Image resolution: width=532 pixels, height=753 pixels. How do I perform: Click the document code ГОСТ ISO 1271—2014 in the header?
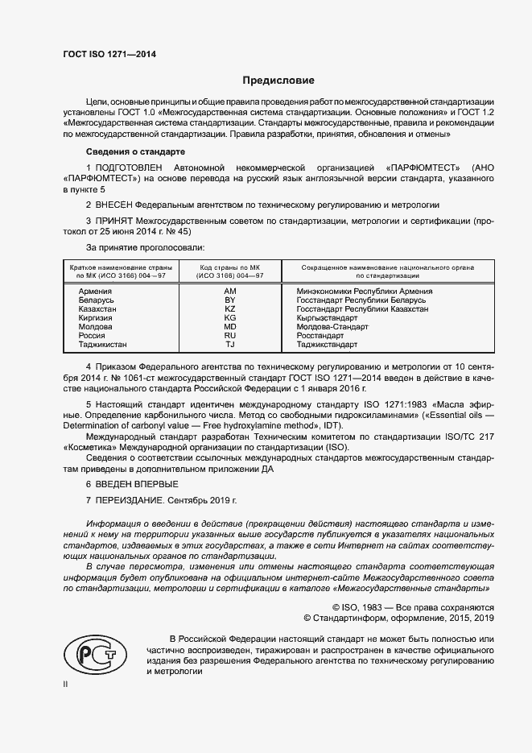(109, 53)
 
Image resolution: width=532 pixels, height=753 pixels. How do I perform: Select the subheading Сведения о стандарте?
(135, 151)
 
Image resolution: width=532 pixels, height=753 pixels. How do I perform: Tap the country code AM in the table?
(229, 291)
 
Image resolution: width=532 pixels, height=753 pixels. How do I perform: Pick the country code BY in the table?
(229, 300)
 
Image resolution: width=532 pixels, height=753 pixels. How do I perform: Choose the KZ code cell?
(229, 308)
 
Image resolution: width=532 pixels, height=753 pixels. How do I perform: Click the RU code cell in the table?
(229, 336)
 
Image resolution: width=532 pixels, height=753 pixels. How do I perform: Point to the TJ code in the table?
(229, 345)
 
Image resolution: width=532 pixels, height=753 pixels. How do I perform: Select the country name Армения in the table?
(95, 291)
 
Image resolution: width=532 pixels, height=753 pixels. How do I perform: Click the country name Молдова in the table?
(96, 327)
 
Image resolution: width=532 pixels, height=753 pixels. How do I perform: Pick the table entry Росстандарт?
(320, 336)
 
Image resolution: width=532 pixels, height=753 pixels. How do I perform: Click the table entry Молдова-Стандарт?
(332, 327)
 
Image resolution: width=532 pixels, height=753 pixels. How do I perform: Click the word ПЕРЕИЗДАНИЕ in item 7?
(130, 500)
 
